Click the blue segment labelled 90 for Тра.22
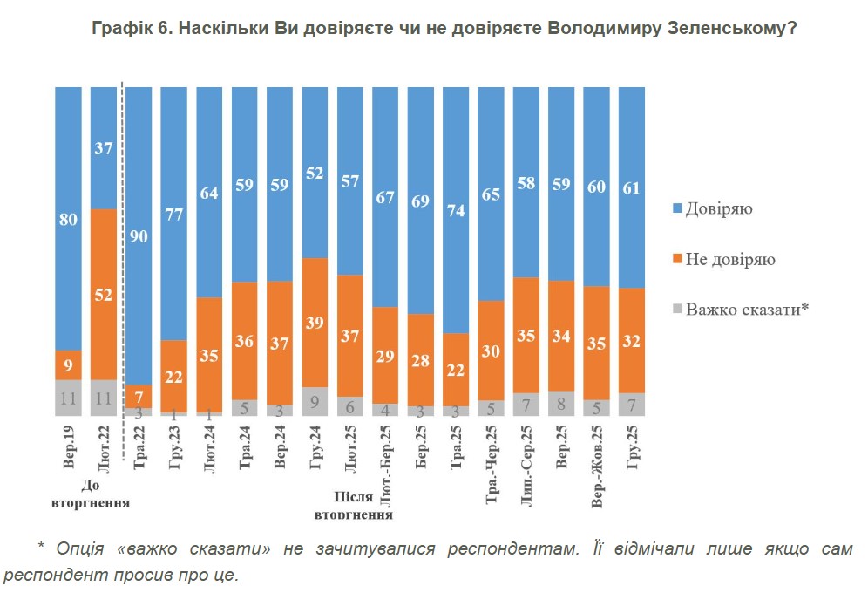click(x=139, y=235)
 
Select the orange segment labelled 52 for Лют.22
click(x=104, y=295)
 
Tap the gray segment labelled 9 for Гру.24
click(x=315, y=401)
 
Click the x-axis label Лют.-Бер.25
click(x=384, y=467)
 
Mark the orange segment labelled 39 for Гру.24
click(x=315, y=323)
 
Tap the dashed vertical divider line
click(x=123, y=262)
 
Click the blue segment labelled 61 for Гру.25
click(x=632, y=187)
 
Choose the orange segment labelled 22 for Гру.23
click(x=174, y=376)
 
